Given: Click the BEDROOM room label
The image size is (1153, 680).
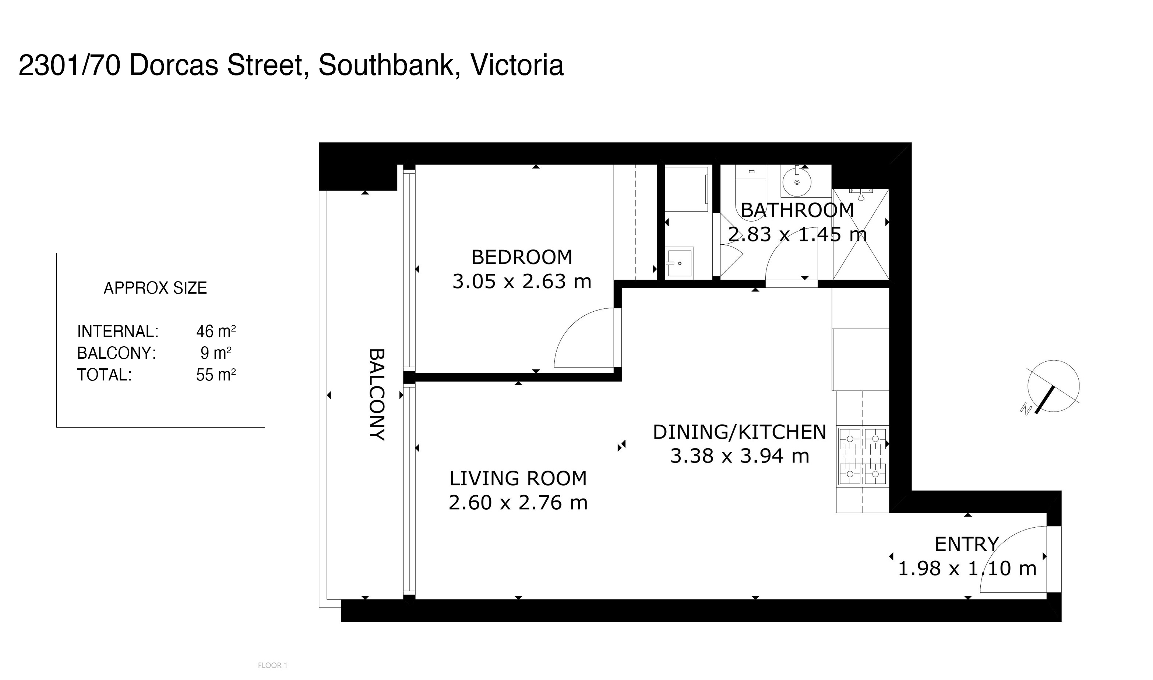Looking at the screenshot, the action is [522, 258].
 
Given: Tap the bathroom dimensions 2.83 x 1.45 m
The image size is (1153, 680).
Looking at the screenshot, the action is [797, 235].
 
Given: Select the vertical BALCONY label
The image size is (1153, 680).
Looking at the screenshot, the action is [377, 394].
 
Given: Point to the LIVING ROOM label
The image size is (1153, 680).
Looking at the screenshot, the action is [518, 479].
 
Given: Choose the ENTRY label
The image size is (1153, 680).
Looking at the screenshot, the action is [967, 544].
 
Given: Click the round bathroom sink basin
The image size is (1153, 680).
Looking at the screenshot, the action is [797, 183].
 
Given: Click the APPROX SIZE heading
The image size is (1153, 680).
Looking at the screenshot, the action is [155, 288].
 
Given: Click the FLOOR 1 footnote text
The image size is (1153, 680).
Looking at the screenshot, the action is [272, 665].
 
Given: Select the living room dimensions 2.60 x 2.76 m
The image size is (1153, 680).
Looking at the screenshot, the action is [518, 503].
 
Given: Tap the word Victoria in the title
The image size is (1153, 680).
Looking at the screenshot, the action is [517, 65].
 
